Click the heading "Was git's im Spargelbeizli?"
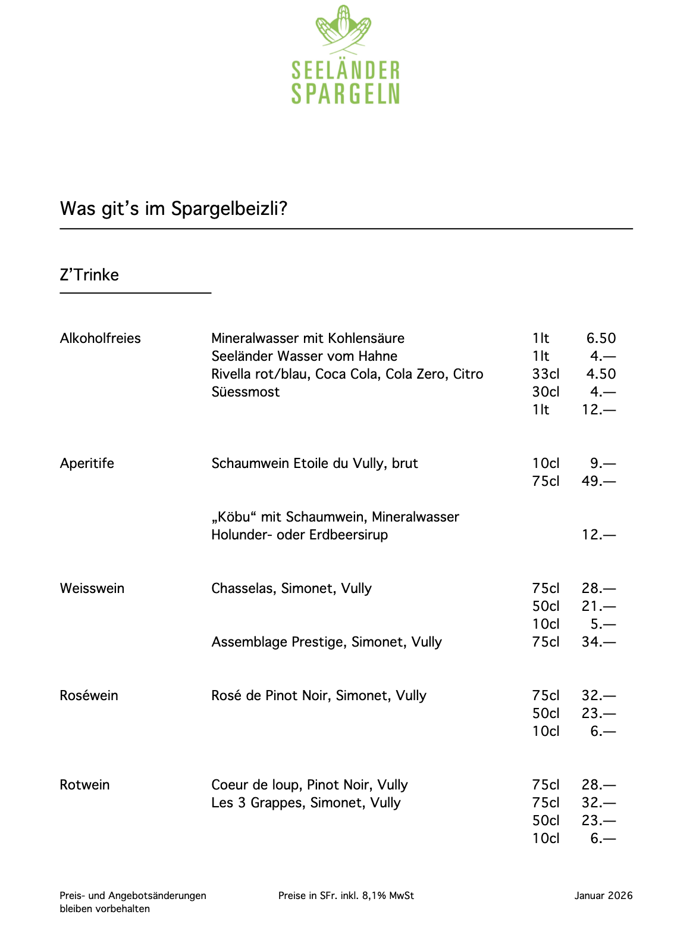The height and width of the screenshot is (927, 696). (x=174, y=209)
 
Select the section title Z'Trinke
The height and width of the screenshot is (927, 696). (x=89, y=275)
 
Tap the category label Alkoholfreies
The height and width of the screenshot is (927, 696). (x=101, y=338)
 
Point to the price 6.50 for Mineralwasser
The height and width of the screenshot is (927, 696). (x=601, y=338)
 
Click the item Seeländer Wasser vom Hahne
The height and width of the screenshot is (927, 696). (x=304, y=356)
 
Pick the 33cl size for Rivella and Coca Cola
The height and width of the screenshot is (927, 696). (x=545, y=374)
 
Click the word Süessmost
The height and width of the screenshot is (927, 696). (x=245, y=392)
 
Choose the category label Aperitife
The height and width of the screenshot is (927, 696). (x=87, y=463)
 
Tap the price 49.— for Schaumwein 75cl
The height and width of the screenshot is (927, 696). (x=598, y=481)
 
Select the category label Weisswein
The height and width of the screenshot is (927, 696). (x=92, y=588)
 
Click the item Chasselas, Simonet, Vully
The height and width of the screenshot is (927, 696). (x=291, y=588)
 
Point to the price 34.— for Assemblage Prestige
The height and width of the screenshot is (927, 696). (x=598, y=642)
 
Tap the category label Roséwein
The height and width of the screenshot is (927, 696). (x=89, y=695)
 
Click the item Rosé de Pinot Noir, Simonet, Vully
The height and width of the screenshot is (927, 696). (x=319, y=695)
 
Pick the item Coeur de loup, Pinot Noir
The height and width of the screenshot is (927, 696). (x=309, y=785)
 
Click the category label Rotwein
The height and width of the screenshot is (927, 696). (x=84, y=785)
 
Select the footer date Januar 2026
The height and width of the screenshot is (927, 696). (x=603, y=895)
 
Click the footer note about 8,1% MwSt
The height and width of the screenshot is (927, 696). (x=346, y=895)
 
